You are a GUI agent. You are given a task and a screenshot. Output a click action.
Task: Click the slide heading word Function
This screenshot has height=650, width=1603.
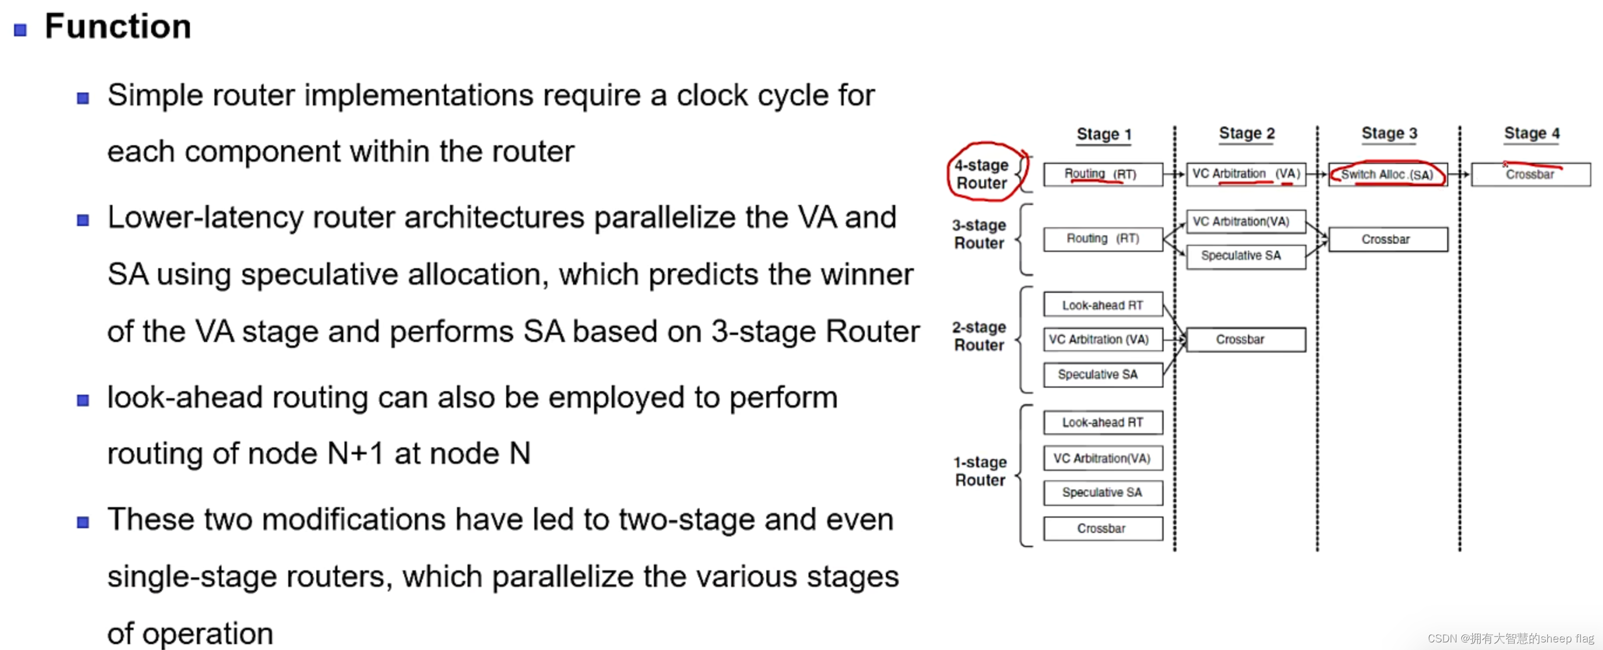[x=118, y=27]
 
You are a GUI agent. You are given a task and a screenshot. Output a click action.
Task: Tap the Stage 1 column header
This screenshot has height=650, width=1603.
[x=1103, y=134]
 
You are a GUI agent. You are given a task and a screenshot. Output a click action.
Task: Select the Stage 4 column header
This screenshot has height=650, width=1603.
[x=1532, y=134]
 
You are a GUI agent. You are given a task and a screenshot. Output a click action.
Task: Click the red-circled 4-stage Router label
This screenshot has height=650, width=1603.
[x=981, y=174]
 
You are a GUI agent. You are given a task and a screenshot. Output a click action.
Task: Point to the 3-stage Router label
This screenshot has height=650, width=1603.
[x=979, y=234]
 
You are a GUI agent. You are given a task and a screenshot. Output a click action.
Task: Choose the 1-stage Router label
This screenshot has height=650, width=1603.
[x=980, y=471]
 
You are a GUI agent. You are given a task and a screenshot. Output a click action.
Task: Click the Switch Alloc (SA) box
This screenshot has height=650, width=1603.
[x=1387, y=175]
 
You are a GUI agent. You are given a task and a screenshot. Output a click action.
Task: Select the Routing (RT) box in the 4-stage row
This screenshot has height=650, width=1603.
[x=1102, y=174]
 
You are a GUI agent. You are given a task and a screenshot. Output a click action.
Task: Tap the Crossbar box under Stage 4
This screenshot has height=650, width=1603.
[x=1530, y=175]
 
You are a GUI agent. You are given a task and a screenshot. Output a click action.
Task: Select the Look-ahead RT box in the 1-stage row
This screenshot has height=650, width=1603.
[x=1102, y=422]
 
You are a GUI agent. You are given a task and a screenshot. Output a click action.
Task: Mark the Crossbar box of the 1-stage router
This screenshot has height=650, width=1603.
[x=1102, y=529]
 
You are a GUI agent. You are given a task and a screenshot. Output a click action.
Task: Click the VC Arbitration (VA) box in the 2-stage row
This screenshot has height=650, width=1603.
[x=1102, y=340]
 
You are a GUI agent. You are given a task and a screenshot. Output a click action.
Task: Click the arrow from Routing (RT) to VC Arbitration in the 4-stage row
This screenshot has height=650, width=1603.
[x=1174, y=175]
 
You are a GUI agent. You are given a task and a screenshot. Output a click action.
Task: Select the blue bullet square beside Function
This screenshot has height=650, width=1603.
[x=21, y=30]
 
